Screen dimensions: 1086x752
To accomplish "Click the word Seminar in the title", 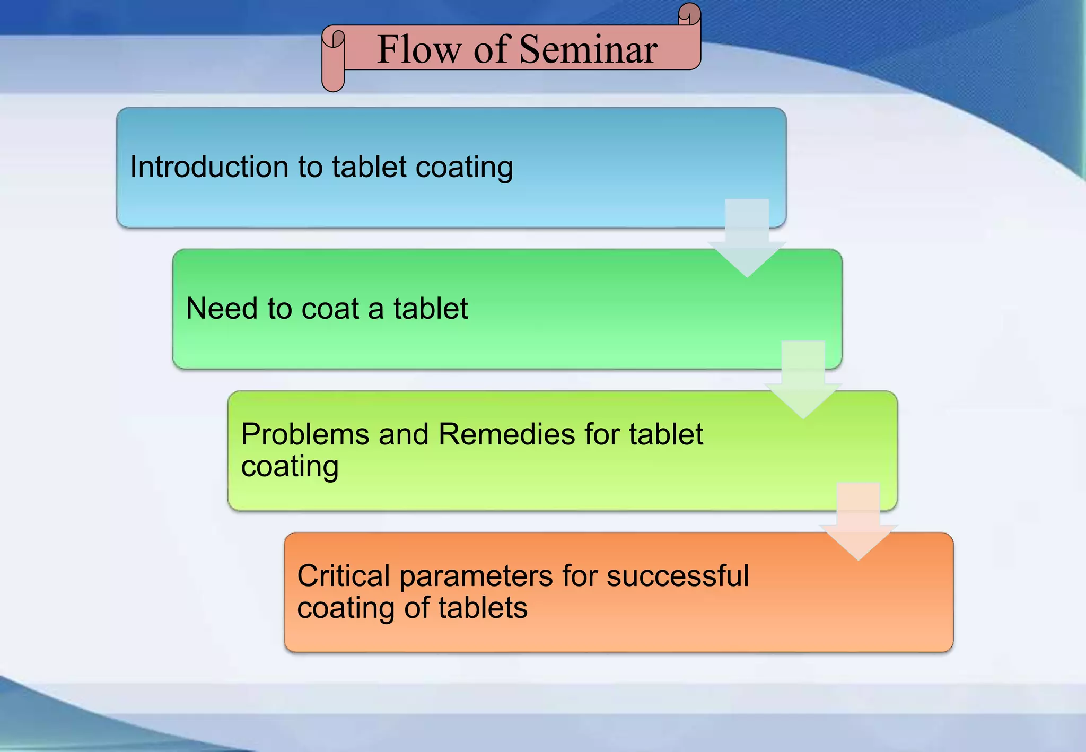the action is point(588,49).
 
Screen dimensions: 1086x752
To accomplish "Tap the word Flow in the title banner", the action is point(419,49).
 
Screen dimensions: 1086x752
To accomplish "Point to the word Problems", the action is point(305,434).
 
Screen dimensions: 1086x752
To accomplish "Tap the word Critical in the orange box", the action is point(343,576).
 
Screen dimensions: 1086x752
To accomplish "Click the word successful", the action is point(677,576).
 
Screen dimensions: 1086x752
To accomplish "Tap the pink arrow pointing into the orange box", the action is point(858,520).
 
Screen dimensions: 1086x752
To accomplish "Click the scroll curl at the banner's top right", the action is point(689,14).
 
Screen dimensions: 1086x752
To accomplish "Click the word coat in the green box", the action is point(330,308).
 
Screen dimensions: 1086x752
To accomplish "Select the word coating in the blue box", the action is point(464,168).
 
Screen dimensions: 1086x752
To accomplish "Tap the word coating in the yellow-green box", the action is point(290,467).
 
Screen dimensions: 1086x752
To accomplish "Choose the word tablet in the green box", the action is point(431,308).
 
